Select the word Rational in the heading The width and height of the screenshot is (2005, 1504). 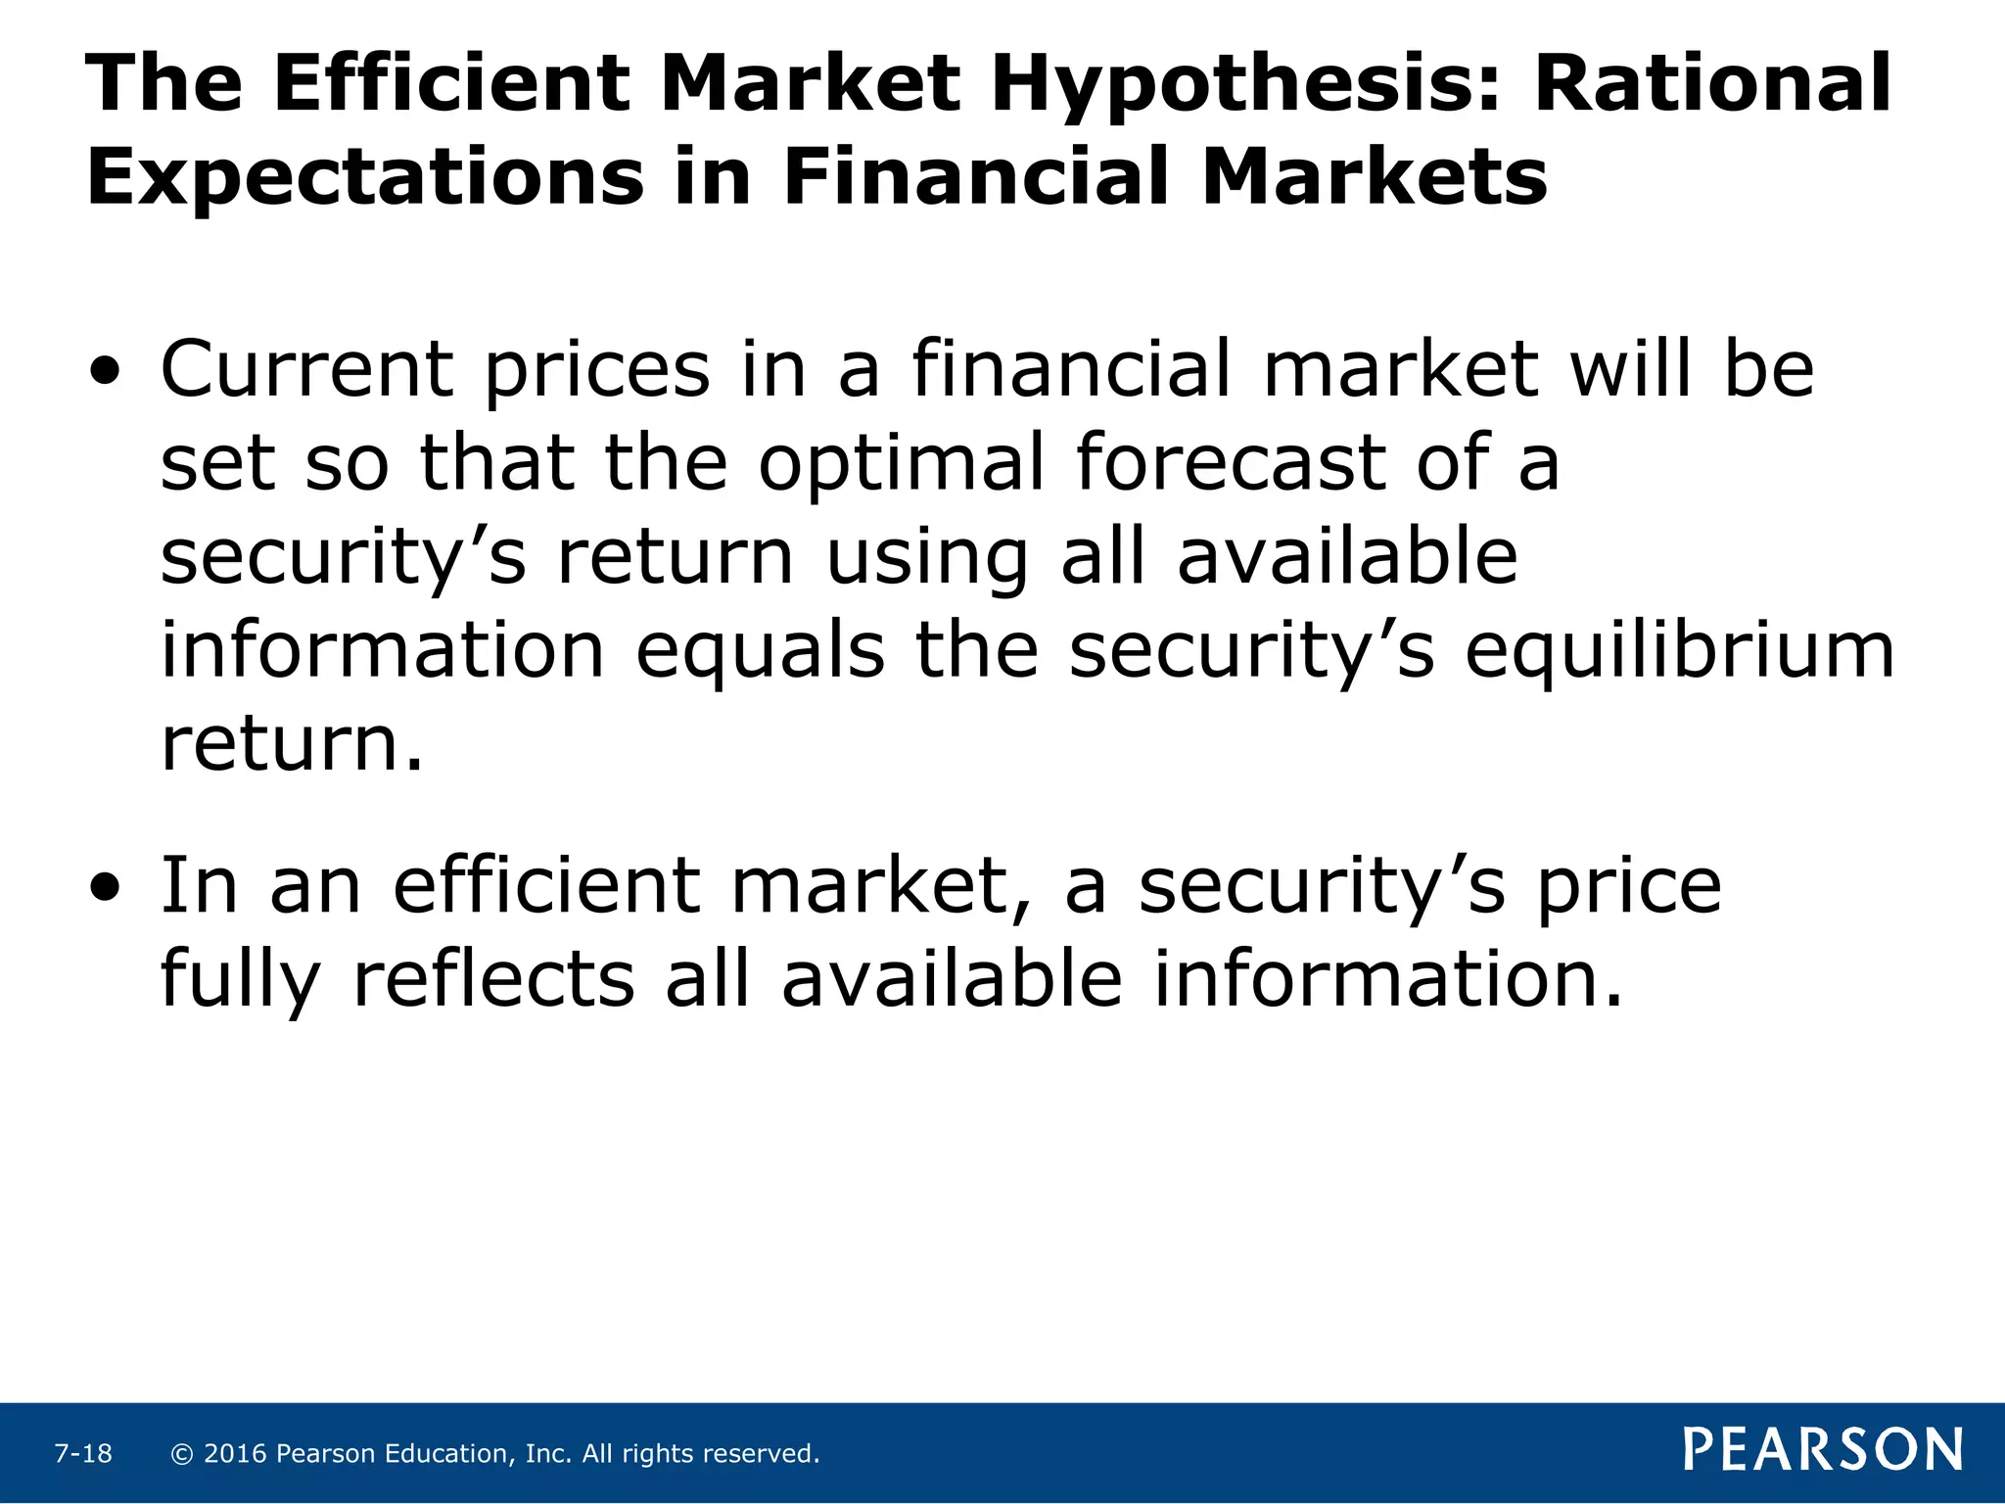(1712, 83)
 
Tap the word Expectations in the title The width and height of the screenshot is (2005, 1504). (365, 178)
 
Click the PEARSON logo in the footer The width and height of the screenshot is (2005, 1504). (1823, 1449)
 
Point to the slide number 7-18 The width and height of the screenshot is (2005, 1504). (83, 1454)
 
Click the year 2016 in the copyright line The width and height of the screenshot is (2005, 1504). (235, 1454)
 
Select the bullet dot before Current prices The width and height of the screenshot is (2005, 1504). (105, 372)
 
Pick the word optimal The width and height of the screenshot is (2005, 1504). (902, 464)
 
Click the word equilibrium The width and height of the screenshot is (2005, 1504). (1679, 652)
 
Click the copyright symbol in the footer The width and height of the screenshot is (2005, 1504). (181, 1454)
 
